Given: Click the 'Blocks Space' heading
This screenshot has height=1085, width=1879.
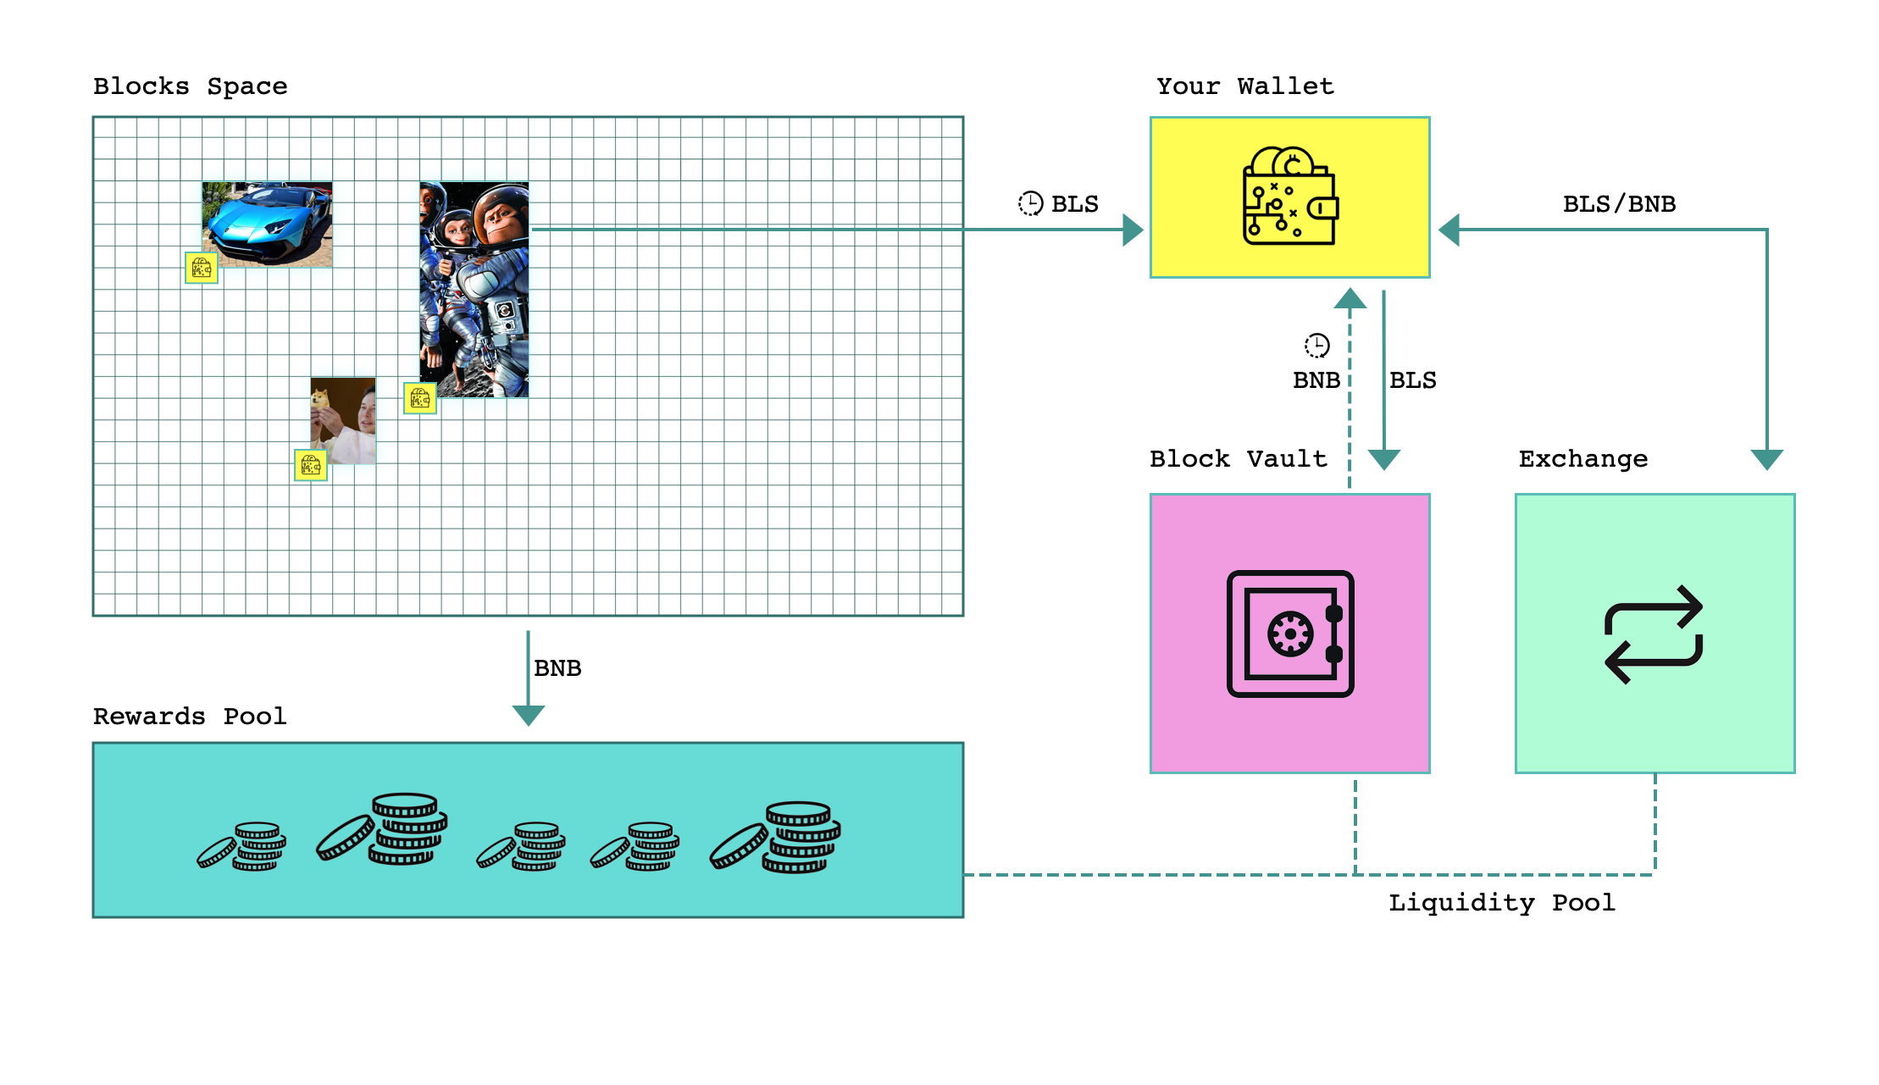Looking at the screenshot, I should click(190, 86).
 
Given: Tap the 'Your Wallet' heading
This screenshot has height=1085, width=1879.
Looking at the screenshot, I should click(1244, 86).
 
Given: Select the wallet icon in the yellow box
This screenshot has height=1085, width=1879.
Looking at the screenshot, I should click(1289, 197).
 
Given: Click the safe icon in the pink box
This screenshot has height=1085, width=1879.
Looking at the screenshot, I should click(1289, 634).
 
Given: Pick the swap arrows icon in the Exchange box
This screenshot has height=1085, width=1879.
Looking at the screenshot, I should click(1654, 634).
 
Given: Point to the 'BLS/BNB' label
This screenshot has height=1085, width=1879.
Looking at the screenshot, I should click(1619, 204).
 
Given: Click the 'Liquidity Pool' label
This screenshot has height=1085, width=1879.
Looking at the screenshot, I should click(1501, 903).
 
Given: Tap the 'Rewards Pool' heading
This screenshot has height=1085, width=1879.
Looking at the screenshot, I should click(190, 717).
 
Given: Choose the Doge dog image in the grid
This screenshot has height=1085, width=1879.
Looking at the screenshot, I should click(343, 420).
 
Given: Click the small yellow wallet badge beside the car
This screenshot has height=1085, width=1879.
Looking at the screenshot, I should click(202, 268).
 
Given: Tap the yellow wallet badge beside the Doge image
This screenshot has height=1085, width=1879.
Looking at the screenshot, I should click(311, 465).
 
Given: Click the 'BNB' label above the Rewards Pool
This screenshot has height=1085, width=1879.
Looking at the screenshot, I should click(557, 668).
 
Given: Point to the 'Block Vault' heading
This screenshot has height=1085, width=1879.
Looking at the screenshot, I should click(1238, 459).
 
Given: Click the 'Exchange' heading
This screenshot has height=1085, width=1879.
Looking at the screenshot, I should click(1582, 459).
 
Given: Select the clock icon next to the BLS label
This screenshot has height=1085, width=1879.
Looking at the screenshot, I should click(1030, 203).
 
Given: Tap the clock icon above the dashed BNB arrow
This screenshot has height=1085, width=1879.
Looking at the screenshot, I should click(1316, 346).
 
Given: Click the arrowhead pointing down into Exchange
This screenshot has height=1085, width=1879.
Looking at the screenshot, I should click(1766, 459).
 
